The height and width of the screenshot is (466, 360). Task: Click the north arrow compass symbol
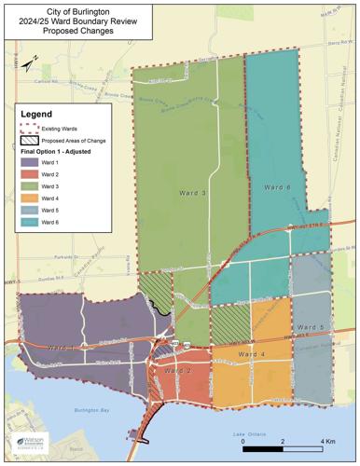point(30,62)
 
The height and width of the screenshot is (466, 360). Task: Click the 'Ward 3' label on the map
point(192,193)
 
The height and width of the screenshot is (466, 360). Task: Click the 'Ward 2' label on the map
point(177,371)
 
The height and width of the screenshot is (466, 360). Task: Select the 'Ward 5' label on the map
point(311,329)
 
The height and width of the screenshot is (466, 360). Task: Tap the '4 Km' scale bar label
point(328,440)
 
